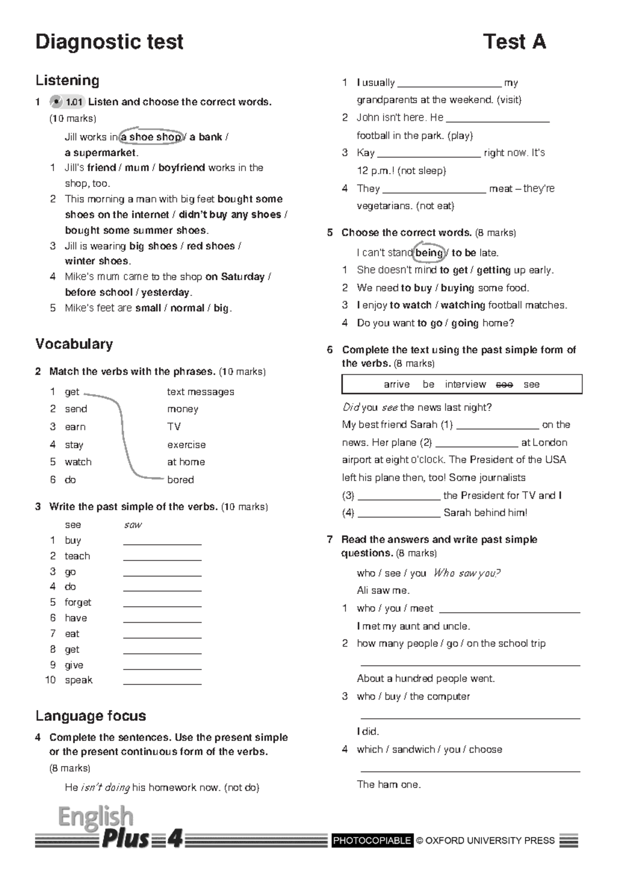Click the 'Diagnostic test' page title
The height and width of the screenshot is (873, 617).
click(109, 42)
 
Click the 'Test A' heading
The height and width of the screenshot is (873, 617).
click(514, 42)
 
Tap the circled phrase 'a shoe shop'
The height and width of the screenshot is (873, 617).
click(151, 137)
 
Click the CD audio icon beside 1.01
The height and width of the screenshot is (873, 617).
click(56, 102)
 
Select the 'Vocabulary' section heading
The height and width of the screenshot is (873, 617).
click(74, 344)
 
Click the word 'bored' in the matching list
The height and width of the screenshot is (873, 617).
click(180, 480)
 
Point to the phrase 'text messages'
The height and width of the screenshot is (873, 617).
click(201, 392)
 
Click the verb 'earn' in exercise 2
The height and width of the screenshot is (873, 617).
click(75, 427)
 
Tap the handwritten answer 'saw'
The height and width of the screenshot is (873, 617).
click(133, 525)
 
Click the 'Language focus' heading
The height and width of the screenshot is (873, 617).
click(90, 716)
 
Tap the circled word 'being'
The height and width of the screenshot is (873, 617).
click(429, 252)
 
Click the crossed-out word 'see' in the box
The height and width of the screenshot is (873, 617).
click(504, 385)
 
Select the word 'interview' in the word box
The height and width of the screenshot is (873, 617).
click(465, 385)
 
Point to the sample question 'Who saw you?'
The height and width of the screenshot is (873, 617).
click(467, 573)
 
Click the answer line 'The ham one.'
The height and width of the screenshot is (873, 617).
click(389, 785)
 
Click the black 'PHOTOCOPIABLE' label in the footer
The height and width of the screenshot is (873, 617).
click(372, 841)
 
